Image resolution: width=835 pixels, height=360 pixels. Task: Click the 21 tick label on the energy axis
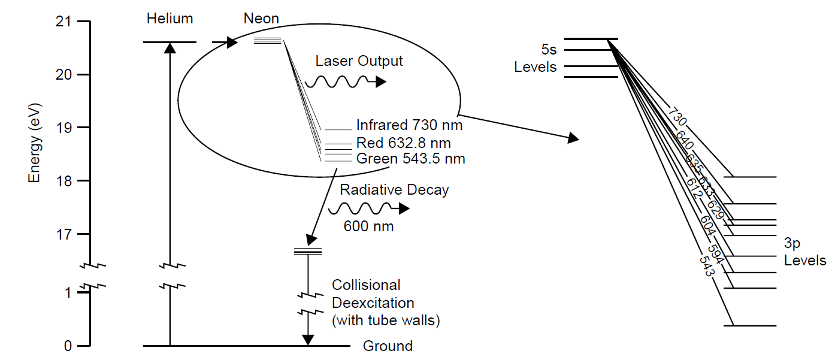[x=63, y=22]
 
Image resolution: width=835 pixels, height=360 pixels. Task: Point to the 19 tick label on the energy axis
[x=63, y=128]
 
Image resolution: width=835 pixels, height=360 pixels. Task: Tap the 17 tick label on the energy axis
[x=63, y=234]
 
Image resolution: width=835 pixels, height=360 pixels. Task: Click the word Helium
[x=170, y=19]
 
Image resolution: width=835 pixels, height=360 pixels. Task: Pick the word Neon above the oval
[x=261, y=19]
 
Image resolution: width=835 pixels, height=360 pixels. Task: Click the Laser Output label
[x=359, y=61]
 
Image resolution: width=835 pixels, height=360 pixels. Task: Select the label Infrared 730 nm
[x=409, y=126]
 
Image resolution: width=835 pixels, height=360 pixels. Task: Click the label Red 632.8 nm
[x=403, y=143]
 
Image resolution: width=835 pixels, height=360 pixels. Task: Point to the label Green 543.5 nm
[x=410, y=159]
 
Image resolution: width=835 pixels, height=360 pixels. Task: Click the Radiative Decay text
[x=394, y=190]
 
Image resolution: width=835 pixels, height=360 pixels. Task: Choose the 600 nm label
[x=368, y=226]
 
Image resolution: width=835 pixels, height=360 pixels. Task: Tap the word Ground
[x=388, y=346]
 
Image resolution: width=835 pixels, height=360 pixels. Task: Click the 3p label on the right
[x=792, y=243]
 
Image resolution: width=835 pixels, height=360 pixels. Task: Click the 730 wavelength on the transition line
[x=677, y=117]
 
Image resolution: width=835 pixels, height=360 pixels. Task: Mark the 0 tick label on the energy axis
[x=67, y=346]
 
